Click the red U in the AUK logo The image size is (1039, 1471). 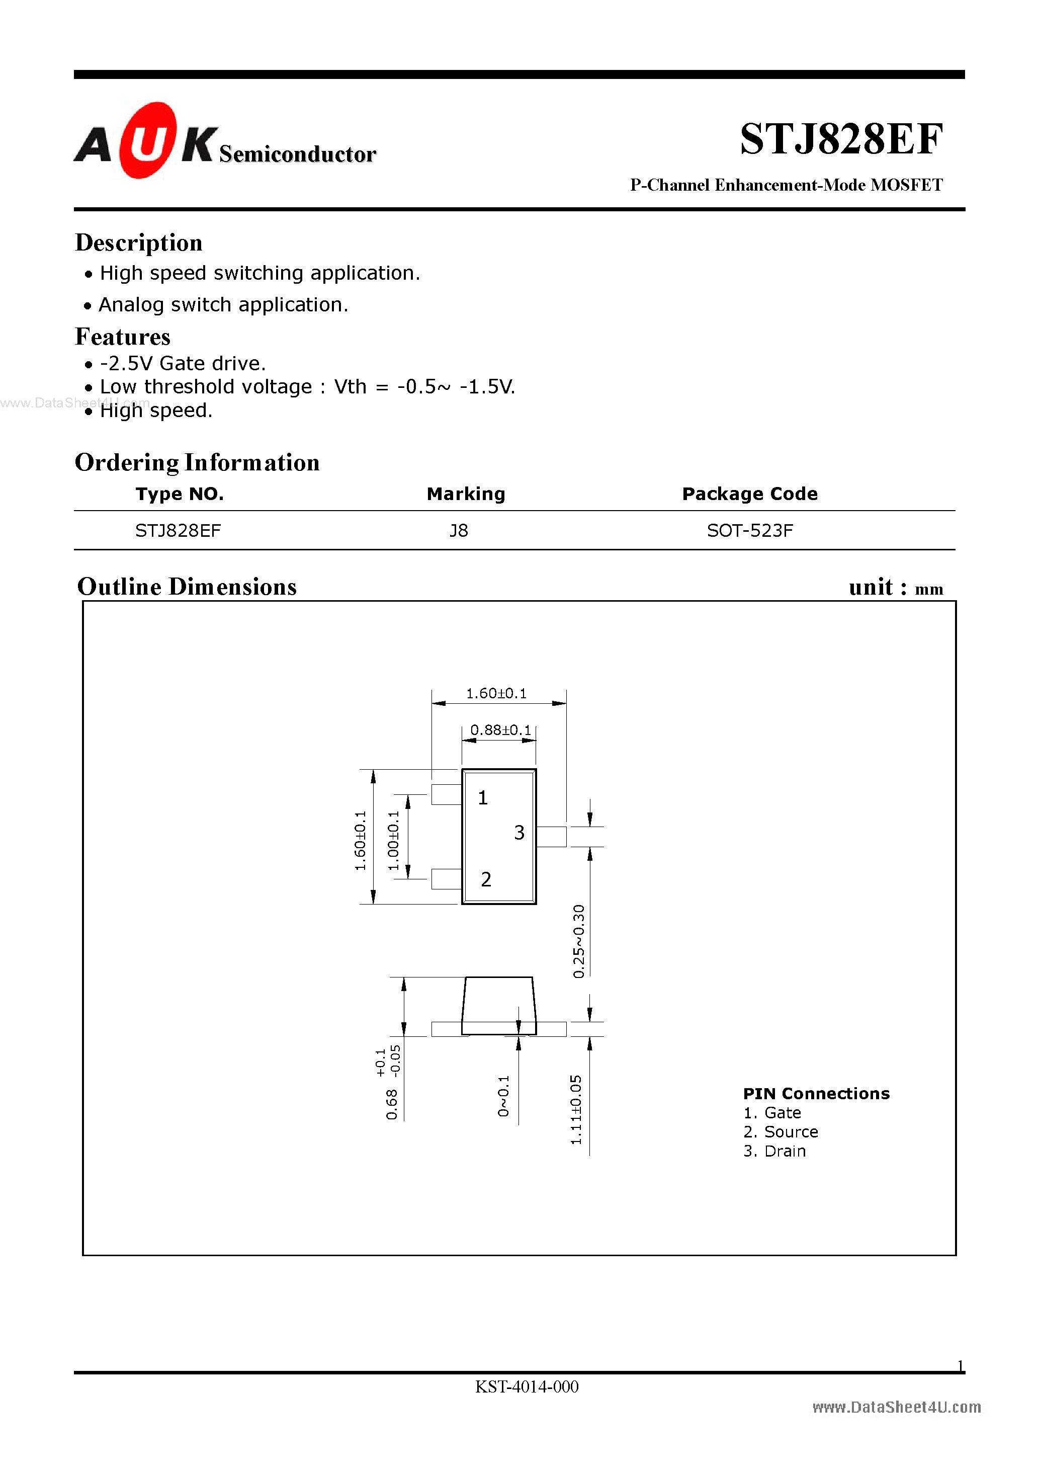coord(148,141)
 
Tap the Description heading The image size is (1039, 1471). coord(139,243)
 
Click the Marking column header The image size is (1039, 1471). coord(466,494)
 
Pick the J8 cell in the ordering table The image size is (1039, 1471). coord(459,530)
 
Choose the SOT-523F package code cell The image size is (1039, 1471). coord(749,530)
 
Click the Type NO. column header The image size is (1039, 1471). coord(180,494)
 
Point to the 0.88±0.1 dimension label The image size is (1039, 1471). coord(500,730)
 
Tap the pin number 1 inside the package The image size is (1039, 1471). coord(483,798)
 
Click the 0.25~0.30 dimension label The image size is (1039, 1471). coord(579,941)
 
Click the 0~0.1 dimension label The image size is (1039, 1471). coord(503,1096)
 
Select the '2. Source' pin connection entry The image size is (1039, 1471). coord(780,1132)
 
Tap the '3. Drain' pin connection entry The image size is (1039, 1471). coord(774,1152)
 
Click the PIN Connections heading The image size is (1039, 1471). coord(816,1094)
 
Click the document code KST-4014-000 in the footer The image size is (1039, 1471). coord(527,1386)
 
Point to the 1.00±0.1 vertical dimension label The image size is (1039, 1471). coord(394,841)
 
